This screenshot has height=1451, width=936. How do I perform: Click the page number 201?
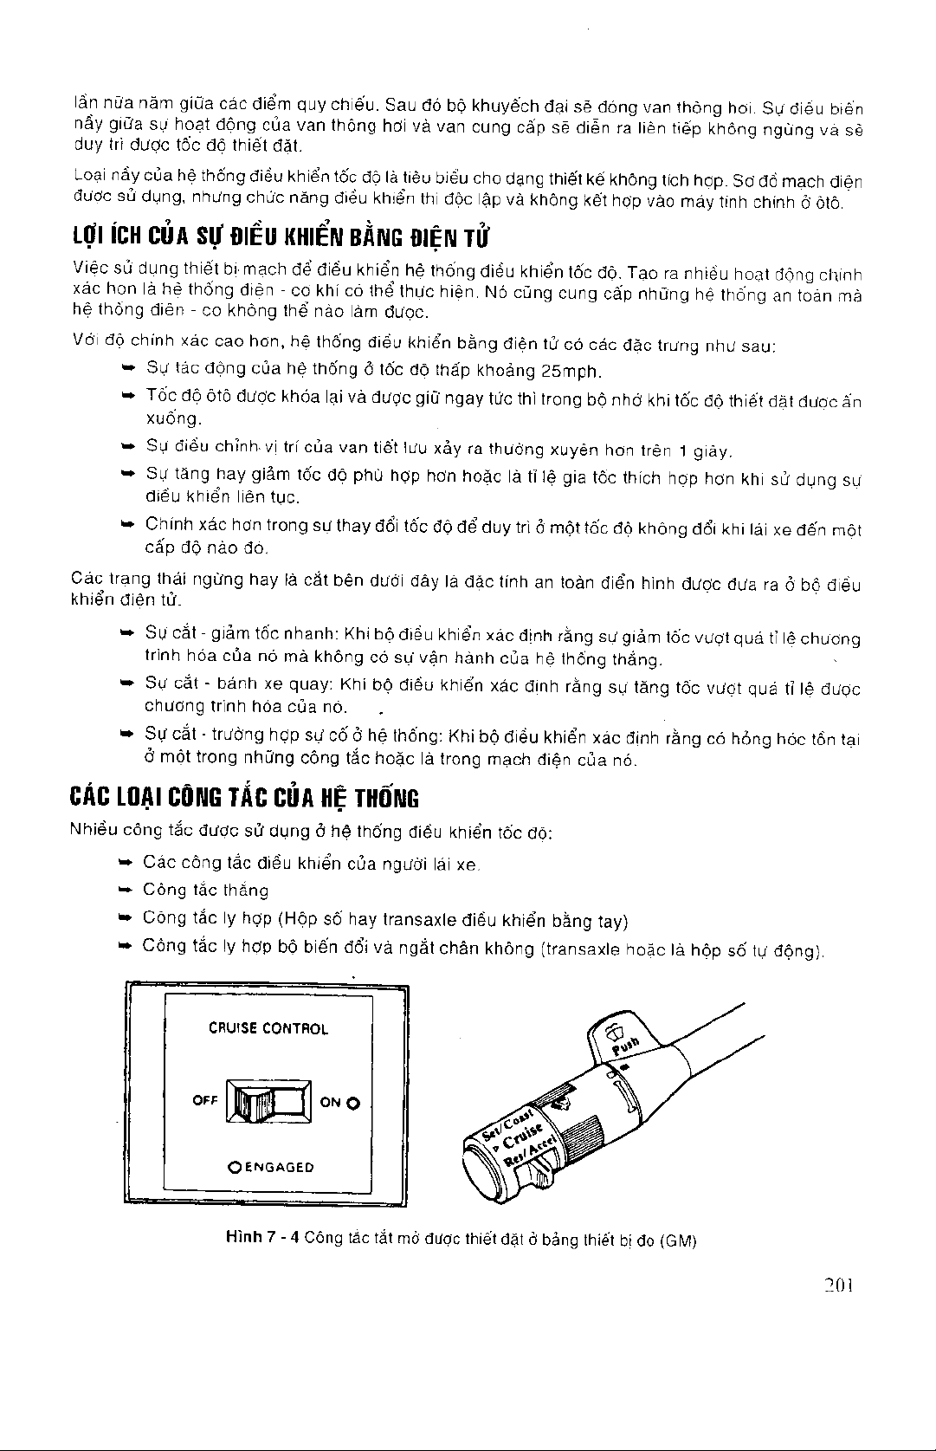840,1287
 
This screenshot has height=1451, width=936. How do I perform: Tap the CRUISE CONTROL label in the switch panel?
268,1029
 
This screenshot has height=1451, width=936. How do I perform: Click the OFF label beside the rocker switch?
204,1101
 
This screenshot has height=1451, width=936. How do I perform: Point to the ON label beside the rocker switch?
330,1103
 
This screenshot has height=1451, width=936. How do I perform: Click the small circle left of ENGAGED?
234,1167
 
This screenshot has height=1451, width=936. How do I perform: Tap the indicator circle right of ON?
352,1104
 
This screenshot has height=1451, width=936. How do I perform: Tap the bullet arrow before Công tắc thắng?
124,891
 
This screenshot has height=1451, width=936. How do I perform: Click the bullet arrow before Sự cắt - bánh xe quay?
124,684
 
